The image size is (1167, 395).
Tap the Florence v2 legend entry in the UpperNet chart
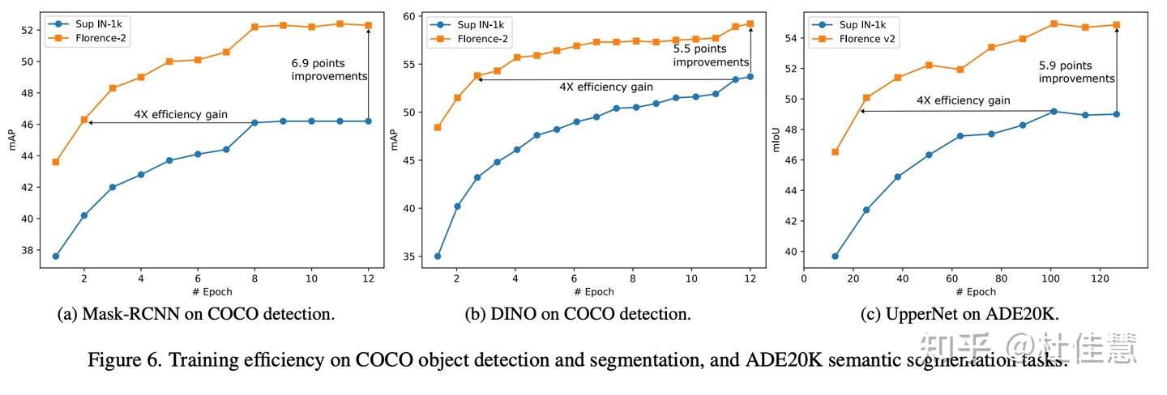(x=868, y=37)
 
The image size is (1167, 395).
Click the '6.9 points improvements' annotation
(x=329, y=69)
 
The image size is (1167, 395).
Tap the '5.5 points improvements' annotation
(x=711, y=55)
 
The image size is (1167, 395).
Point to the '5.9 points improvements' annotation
(x=1077, y=72)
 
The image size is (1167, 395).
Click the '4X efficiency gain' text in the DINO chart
(x=605, y=87)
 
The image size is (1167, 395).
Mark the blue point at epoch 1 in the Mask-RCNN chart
(x=55, y=256)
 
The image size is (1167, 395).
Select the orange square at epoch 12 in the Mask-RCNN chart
(x=369, y=25)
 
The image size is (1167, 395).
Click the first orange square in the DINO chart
(x=438, y=127)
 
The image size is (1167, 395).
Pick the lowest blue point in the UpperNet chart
(x=835, y=256)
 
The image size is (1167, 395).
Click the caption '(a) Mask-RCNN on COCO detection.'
(x=196, y=314)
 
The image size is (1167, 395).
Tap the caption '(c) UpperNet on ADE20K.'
(x=960, y=314)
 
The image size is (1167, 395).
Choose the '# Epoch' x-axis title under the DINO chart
(x=593, y=291)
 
